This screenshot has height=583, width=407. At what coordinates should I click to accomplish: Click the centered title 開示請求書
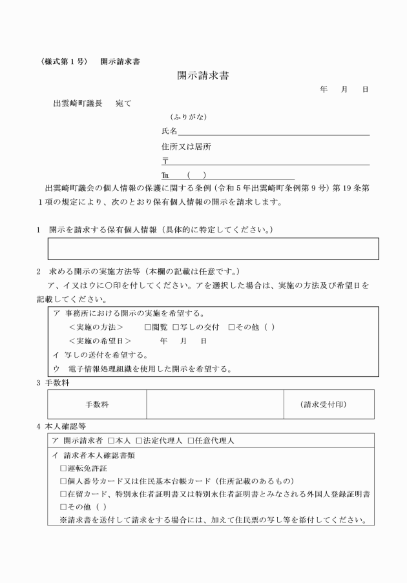click(203, 76)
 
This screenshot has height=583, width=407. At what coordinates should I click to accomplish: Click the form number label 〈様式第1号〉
click(62, 62)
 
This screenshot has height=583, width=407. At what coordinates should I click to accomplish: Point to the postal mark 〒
click(165, 161)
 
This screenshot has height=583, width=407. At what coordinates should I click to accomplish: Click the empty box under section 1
click(213, 249)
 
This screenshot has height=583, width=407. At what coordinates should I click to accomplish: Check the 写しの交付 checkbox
click(175, 327)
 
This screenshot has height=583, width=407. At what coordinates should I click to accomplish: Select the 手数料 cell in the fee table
click(97, 404)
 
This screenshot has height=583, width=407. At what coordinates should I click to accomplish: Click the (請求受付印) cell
click(328, 404)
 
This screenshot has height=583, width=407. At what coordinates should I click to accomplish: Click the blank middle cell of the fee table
click(215, 404)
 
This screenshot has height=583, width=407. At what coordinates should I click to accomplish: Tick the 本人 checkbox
click(111, 440)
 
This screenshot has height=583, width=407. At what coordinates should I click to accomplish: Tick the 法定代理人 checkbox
click(139, 440)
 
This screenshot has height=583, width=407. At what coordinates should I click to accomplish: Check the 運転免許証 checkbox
click(63, 468)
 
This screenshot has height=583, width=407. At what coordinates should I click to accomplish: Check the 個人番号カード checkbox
click(63, 481)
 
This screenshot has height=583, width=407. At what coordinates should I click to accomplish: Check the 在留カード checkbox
click(63, 495)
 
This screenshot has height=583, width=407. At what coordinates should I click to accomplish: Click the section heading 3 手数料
click(56, 383)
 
